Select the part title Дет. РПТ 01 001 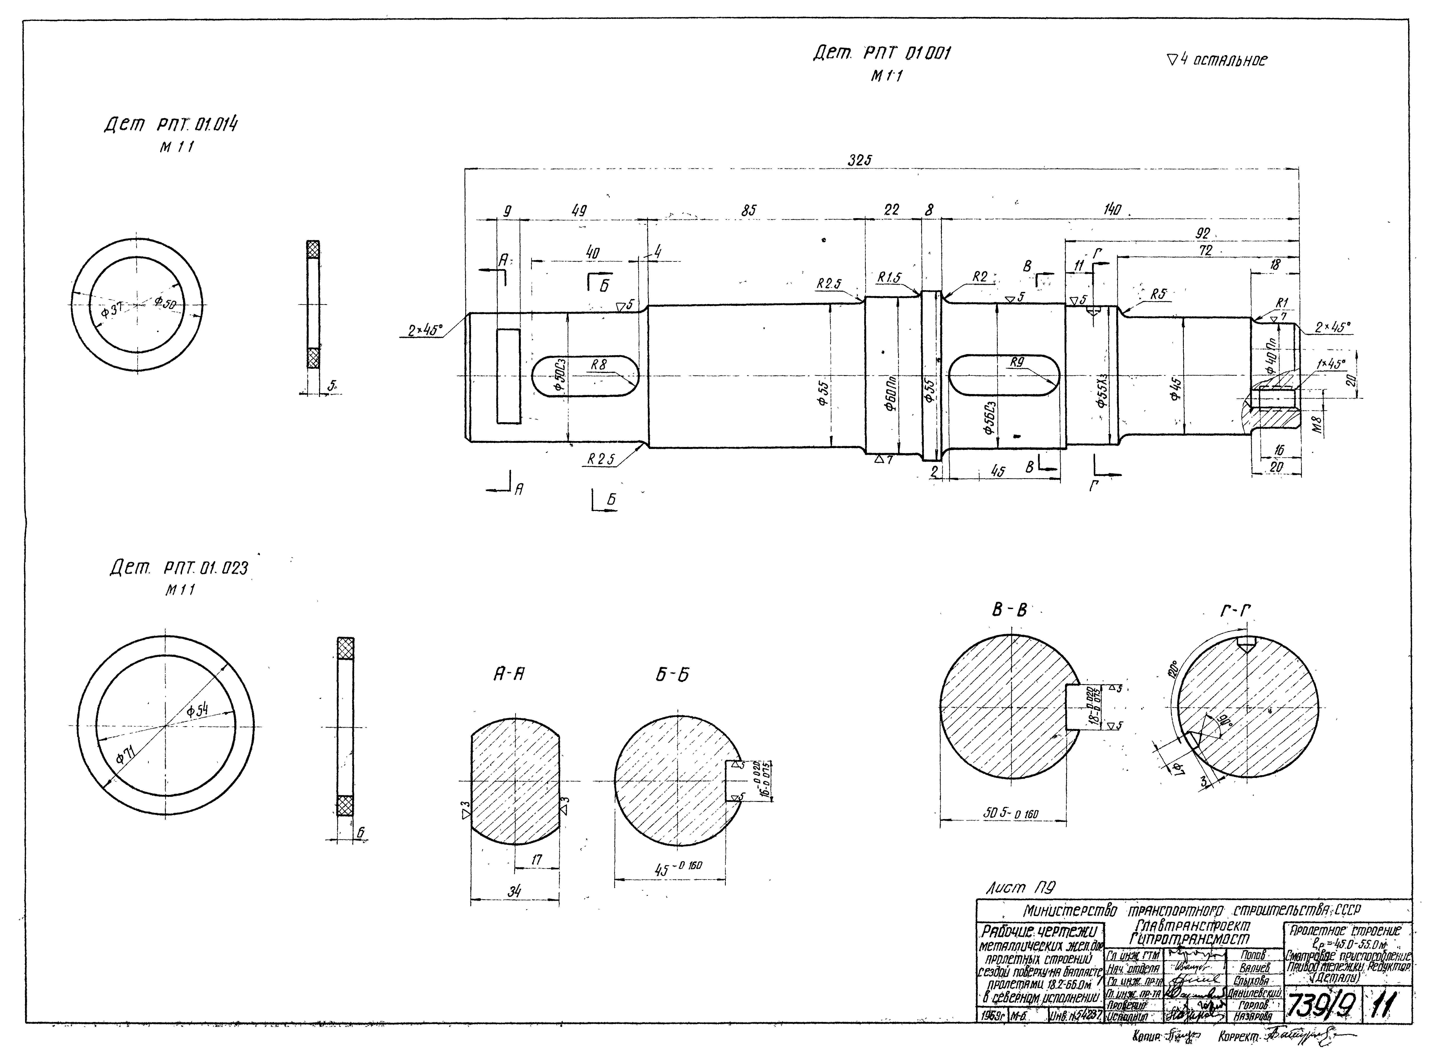(882, 54)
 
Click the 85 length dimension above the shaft (749, 210)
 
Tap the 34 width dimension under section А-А (514, 892)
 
